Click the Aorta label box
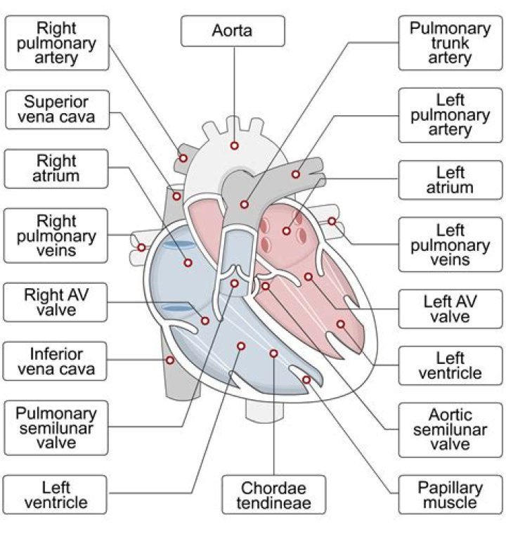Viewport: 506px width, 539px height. tap(233, 31)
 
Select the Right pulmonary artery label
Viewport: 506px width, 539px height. tap(57, 43)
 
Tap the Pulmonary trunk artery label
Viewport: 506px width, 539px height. tap(450, 43)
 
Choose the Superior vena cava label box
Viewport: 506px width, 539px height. tap(57, 109)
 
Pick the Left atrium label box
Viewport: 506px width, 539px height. tap(450, 180)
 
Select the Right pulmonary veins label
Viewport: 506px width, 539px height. tap(57, 235)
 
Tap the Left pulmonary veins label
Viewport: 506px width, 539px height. tap(450, 245)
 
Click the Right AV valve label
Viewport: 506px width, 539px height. tap(57, 301)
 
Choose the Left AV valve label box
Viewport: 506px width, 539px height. tap(450, 309)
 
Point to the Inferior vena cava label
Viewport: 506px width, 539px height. tap(57, 361)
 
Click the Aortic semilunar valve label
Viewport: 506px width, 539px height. tap(450, 429)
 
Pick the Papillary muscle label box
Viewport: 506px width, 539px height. tap(450, 495)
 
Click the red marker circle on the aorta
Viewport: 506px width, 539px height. tap(234, 145)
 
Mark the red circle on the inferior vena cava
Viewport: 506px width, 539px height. tap(169, 360)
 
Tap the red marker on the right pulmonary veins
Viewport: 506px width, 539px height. tap(142, 247)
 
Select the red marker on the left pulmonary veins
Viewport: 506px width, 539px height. tap(332, 221)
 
